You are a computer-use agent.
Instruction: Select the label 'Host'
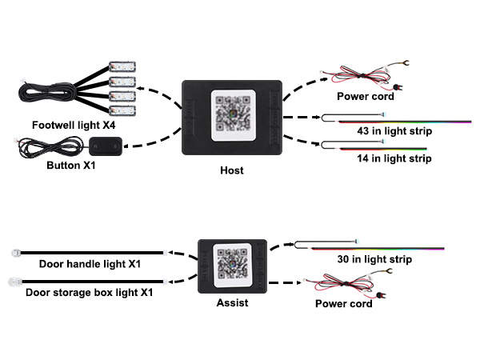[232, 170]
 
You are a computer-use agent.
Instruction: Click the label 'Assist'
[231, 303]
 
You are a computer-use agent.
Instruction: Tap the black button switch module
[106, 146]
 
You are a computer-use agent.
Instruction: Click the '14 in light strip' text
[394, 159]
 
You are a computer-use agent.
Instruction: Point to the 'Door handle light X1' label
[90, 264]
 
